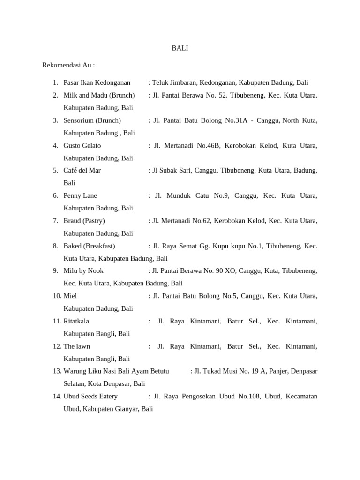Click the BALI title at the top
180,48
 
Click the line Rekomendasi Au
68,65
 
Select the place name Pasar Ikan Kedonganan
97,83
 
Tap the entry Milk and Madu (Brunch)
99,95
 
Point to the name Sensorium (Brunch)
92,120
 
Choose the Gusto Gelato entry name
82,146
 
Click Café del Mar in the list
82,170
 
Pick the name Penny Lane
80,195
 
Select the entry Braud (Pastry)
84,220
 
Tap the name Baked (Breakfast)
89,246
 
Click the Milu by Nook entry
83,270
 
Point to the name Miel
70,296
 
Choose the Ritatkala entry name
76,321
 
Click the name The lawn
77,346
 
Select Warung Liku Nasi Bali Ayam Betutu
116,371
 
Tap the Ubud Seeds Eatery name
87,396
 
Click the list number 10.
57,296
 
